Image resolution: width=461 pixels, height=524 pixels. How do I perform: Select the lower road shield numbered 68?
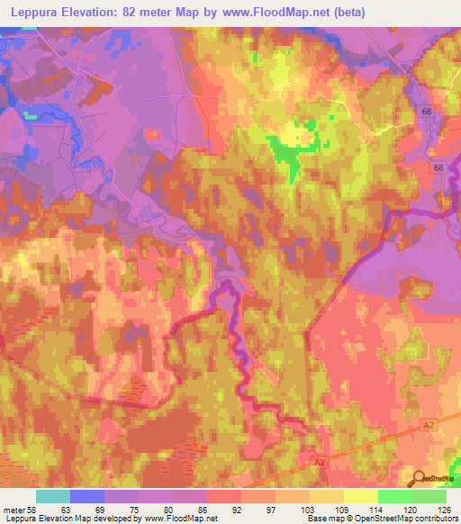[438, 168]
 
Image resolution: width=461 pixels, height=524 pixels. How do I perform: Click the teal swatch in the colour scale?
[52, 496]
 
